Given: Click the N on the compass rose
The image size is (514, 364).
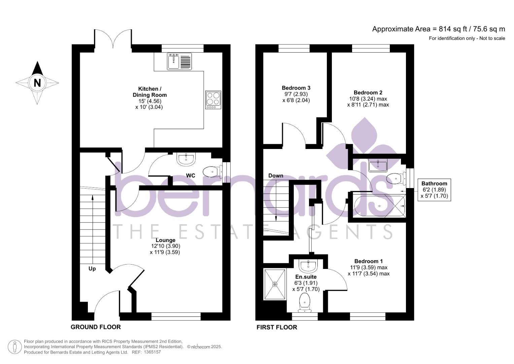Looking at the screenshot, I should [x=37, y=83].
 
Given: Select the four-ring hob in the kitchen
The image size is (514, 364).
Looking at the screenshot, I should [x=213, y=100].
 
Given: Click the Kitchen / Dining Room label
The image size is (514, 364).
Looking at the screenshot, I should [x=150, y=92].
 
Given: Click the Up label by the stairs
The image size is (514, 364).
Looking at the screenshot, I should [x=92, y=269].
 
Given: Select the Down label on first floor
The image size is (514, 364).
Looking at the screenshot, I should [x=276, y=176].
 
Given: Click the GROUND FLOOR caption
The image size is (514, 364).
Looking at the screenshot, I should [x=96, y=327].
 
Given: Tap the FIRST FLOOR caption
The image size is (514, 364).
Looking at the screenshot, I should [x=277, y=327].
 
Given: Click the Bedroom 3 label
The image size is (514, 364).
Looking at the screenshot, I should [x=296, y=88].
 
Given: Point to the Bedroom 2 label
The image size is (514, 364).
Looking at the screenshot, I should [x=368, y=93].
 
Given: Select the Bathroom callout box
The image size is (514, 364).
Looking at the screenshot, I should [x=434, y=190].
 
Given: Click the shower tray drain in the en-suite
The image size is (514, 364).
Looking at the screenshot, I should [x=275, y=284].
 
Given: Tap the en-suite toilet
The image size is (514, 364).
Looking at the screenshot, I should [x=304, y=302].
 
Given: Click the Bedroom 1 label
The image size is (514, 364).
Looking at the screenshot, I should [x=368, y=261].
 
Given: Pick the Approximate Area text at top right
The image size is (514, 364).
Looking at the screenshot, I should [x=438, y=29].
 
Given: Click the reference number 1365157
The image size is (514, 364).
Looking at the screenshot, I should [x=152, y=352].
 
